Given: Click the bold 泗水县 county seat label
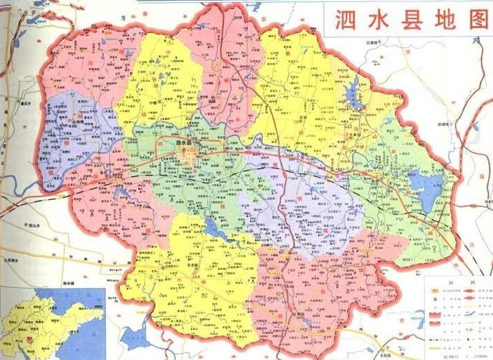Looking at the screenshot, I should coord(185,143).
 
